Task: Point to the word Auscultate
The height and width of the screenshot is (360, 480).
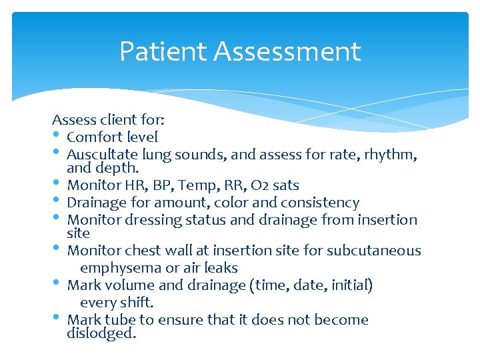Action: pyautogui.click(x=97, y=155)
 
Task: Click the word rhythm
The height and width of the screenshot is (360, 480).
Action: pyautogui.click(x=393, y=155)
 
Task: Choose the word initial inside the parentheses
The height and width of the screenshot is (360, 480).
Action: pyautogui.click(x=348, y=285)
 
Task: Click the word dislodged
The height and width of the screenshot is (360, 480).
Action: pyautogui.click(x=101, y=333)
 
